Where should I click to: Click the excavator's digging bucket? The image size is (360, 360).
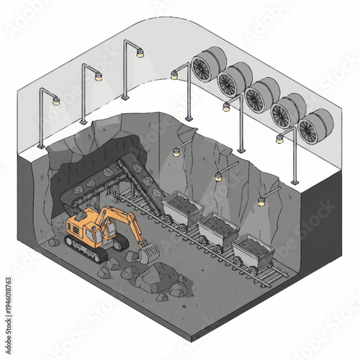(149, 253)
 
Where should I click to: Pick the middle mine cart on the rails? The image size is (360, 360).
(217, 230)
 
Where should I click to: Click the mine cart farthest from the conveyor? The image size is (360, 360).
(251, 252)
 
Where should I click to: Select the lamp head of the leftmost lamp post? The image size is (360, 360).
(55, 102)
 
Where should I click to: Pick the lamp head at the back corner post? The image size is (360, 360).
(140, 53)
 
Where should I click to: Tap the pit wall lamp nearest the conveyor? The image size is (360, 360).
(175, 152)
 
